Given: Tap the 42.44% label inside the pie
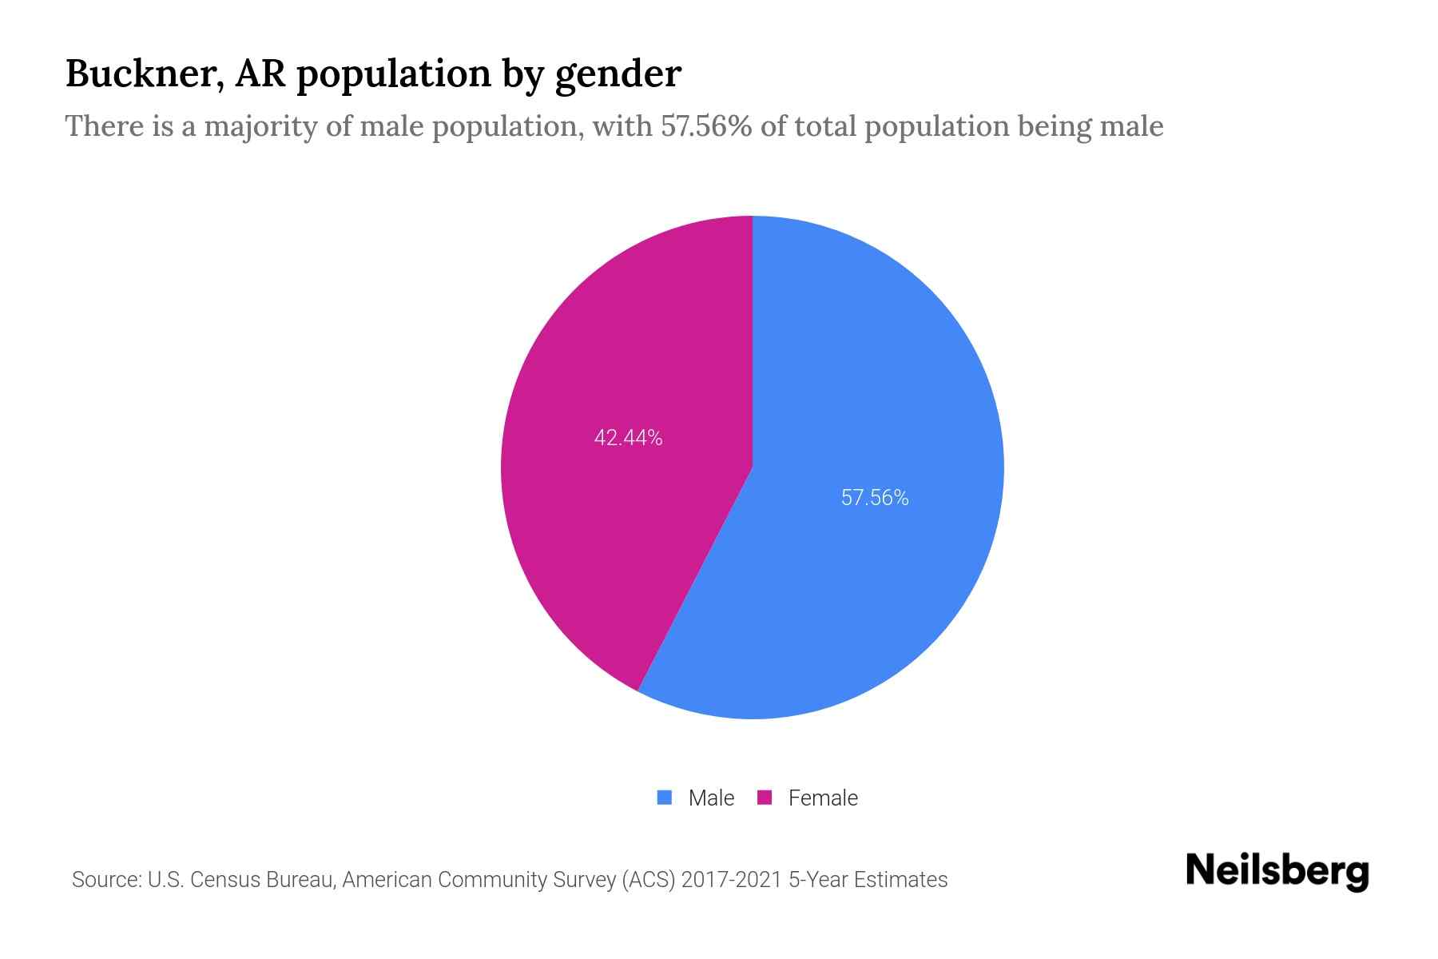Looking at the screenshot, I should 628,438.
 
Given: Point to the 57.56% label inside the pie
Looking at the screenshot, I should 875,498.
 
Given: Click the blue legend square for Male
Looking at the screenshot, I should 665,798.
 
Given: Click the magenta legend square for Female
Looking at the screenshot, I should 765,798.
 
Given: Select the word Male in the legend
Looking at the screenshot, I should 711,798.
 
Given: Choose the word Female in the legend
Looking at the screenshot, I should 823,798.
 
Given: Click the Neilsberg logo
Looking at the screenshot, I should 1277,871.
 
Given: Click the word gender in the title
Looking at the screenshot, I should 618,74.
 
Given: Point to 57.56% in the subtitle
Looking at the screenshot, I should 705,126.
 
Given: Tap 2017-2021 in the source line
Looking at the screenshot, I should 732,880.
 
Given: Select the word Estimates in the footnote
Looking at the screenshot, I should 900,880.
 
